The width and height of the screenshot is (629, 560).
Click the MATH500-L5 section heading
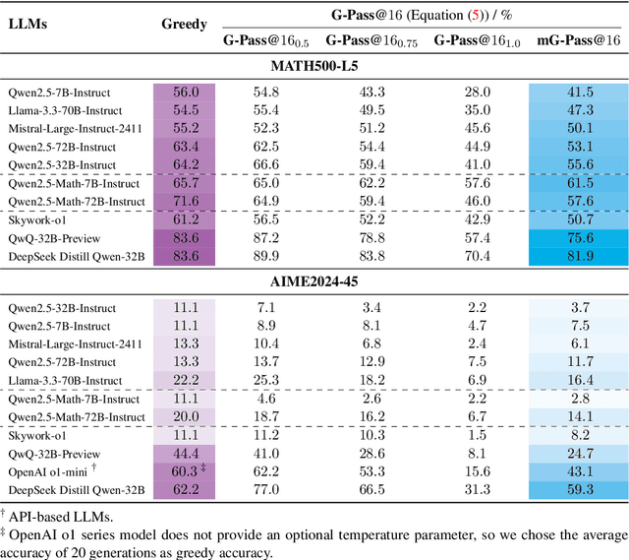[314, 66]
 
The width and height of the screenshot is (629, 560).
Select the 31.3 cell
[476, 489]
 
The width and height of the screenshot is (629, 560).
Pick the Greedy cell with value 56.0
[183, 91]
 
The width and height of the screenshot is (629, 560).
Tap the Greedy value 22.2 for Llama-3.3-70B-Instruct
[183, 379]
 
